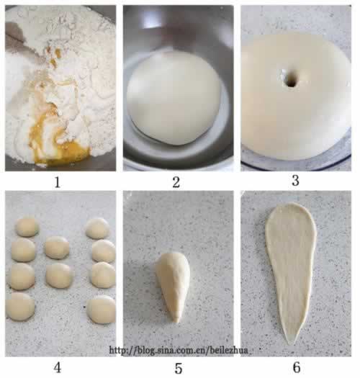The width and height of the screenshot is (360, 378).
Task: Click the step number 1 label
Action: pos(57,182)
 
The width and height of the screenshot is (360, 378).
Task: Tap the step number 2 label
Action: pos(176,182)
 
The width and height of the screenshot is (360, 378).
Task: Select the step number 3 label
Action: pos(295,181)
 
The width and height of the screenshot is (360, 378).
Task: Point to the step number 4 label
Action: pos(57,368)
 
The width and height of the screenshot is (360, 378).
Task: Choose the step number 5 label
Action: pos(178,369)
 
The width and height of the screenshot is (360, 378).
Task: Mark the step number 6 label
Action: pos(297,367)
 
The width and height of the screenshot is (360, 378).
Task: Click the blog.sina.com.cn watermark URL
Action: pos(179,350)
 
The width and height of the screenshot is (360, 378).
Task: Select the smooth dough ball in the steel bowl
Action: pos(174,98)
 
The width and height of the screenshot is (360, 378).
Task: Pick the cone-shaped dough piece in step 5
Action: pos(173,287)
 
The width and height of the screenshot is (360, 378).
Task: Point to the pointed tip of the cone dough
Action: pos(176,321)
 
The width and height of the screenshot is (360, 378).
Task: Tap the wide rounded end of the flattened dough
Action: pos(291,212)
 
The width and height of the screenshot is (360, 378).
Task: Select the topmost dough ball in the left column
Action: pos(27,227)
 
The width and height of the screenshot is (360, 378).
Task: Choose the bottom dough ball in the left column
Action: pos(20,307)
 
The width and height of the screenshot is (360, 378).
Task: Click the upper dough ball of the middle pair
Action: pos(57,248)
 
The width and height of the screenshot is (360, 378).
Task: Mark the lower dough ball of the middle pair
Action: pos(59,276)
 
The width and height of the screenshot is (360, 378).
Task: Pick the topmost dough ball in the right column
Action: pos(97,228)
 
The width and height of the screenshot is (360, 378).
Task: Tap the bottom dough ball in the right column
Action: pos(102,310)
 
